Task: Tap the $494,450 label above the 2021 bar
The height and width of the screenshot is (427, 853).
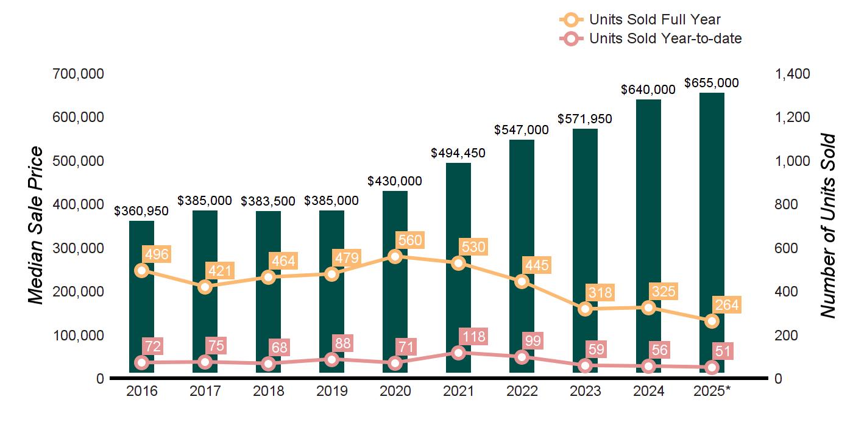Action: click(458, 153)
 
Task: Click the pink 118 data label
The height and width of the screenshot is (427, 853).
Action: click(473, 337)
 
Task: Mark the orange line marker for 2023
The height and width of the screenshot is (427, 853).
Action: click(585, 309)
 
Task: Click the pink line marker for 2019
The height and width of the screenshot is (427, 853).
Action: click(331, 359)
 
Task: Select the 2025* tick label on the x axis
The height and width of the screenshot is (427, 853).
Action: click(712, 391)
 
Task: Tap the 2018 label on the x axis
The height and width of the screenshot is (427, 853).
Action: click(268, 391)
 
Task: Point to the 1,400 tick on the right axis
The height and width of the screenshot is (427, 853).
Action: click(792, 74)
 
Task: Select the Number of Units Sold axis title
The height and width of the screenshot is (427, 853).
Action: click(827, 226)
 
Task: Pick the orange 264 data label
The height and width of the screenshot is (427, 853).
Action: click(726, 305)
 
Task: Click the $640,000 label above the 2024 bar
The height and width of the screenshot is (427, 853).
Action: click(648, 90)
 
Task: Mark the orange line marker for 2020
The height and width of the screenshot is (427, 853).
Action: click(395, 256)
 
